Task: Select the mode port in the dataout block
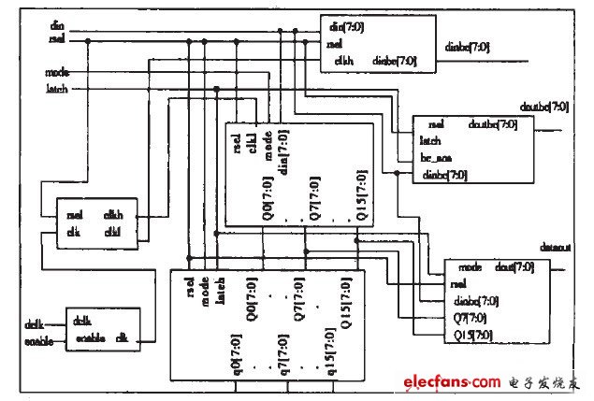471,267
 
